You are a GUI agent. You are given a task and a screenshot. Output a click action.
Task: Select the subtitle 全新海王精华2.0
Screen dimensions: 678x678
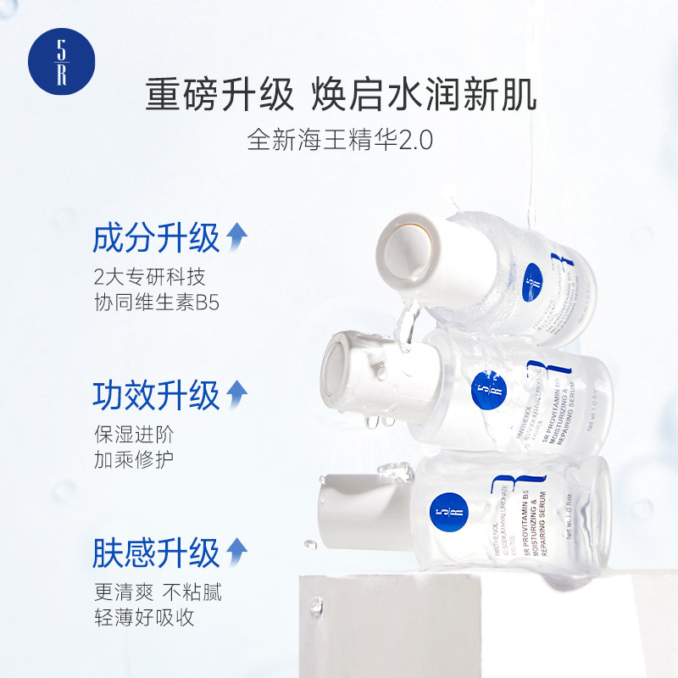click(x=340, y=139)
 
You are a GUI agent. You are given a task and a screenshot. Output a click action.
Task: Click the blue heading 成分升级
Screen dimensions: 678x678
click(x=156, y=240)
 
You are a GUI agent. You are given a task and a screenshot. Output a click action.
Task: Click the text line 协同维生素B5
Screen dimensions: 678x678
click(x=157, y=303)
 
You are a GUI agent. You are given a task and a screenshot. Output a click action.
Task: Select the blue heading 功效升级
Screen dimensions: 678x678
click(x=156, y=396)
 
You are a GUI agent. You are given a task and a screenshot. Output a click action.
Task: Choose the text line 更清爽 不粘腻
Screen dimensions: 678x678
click(x=158, y=591)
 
